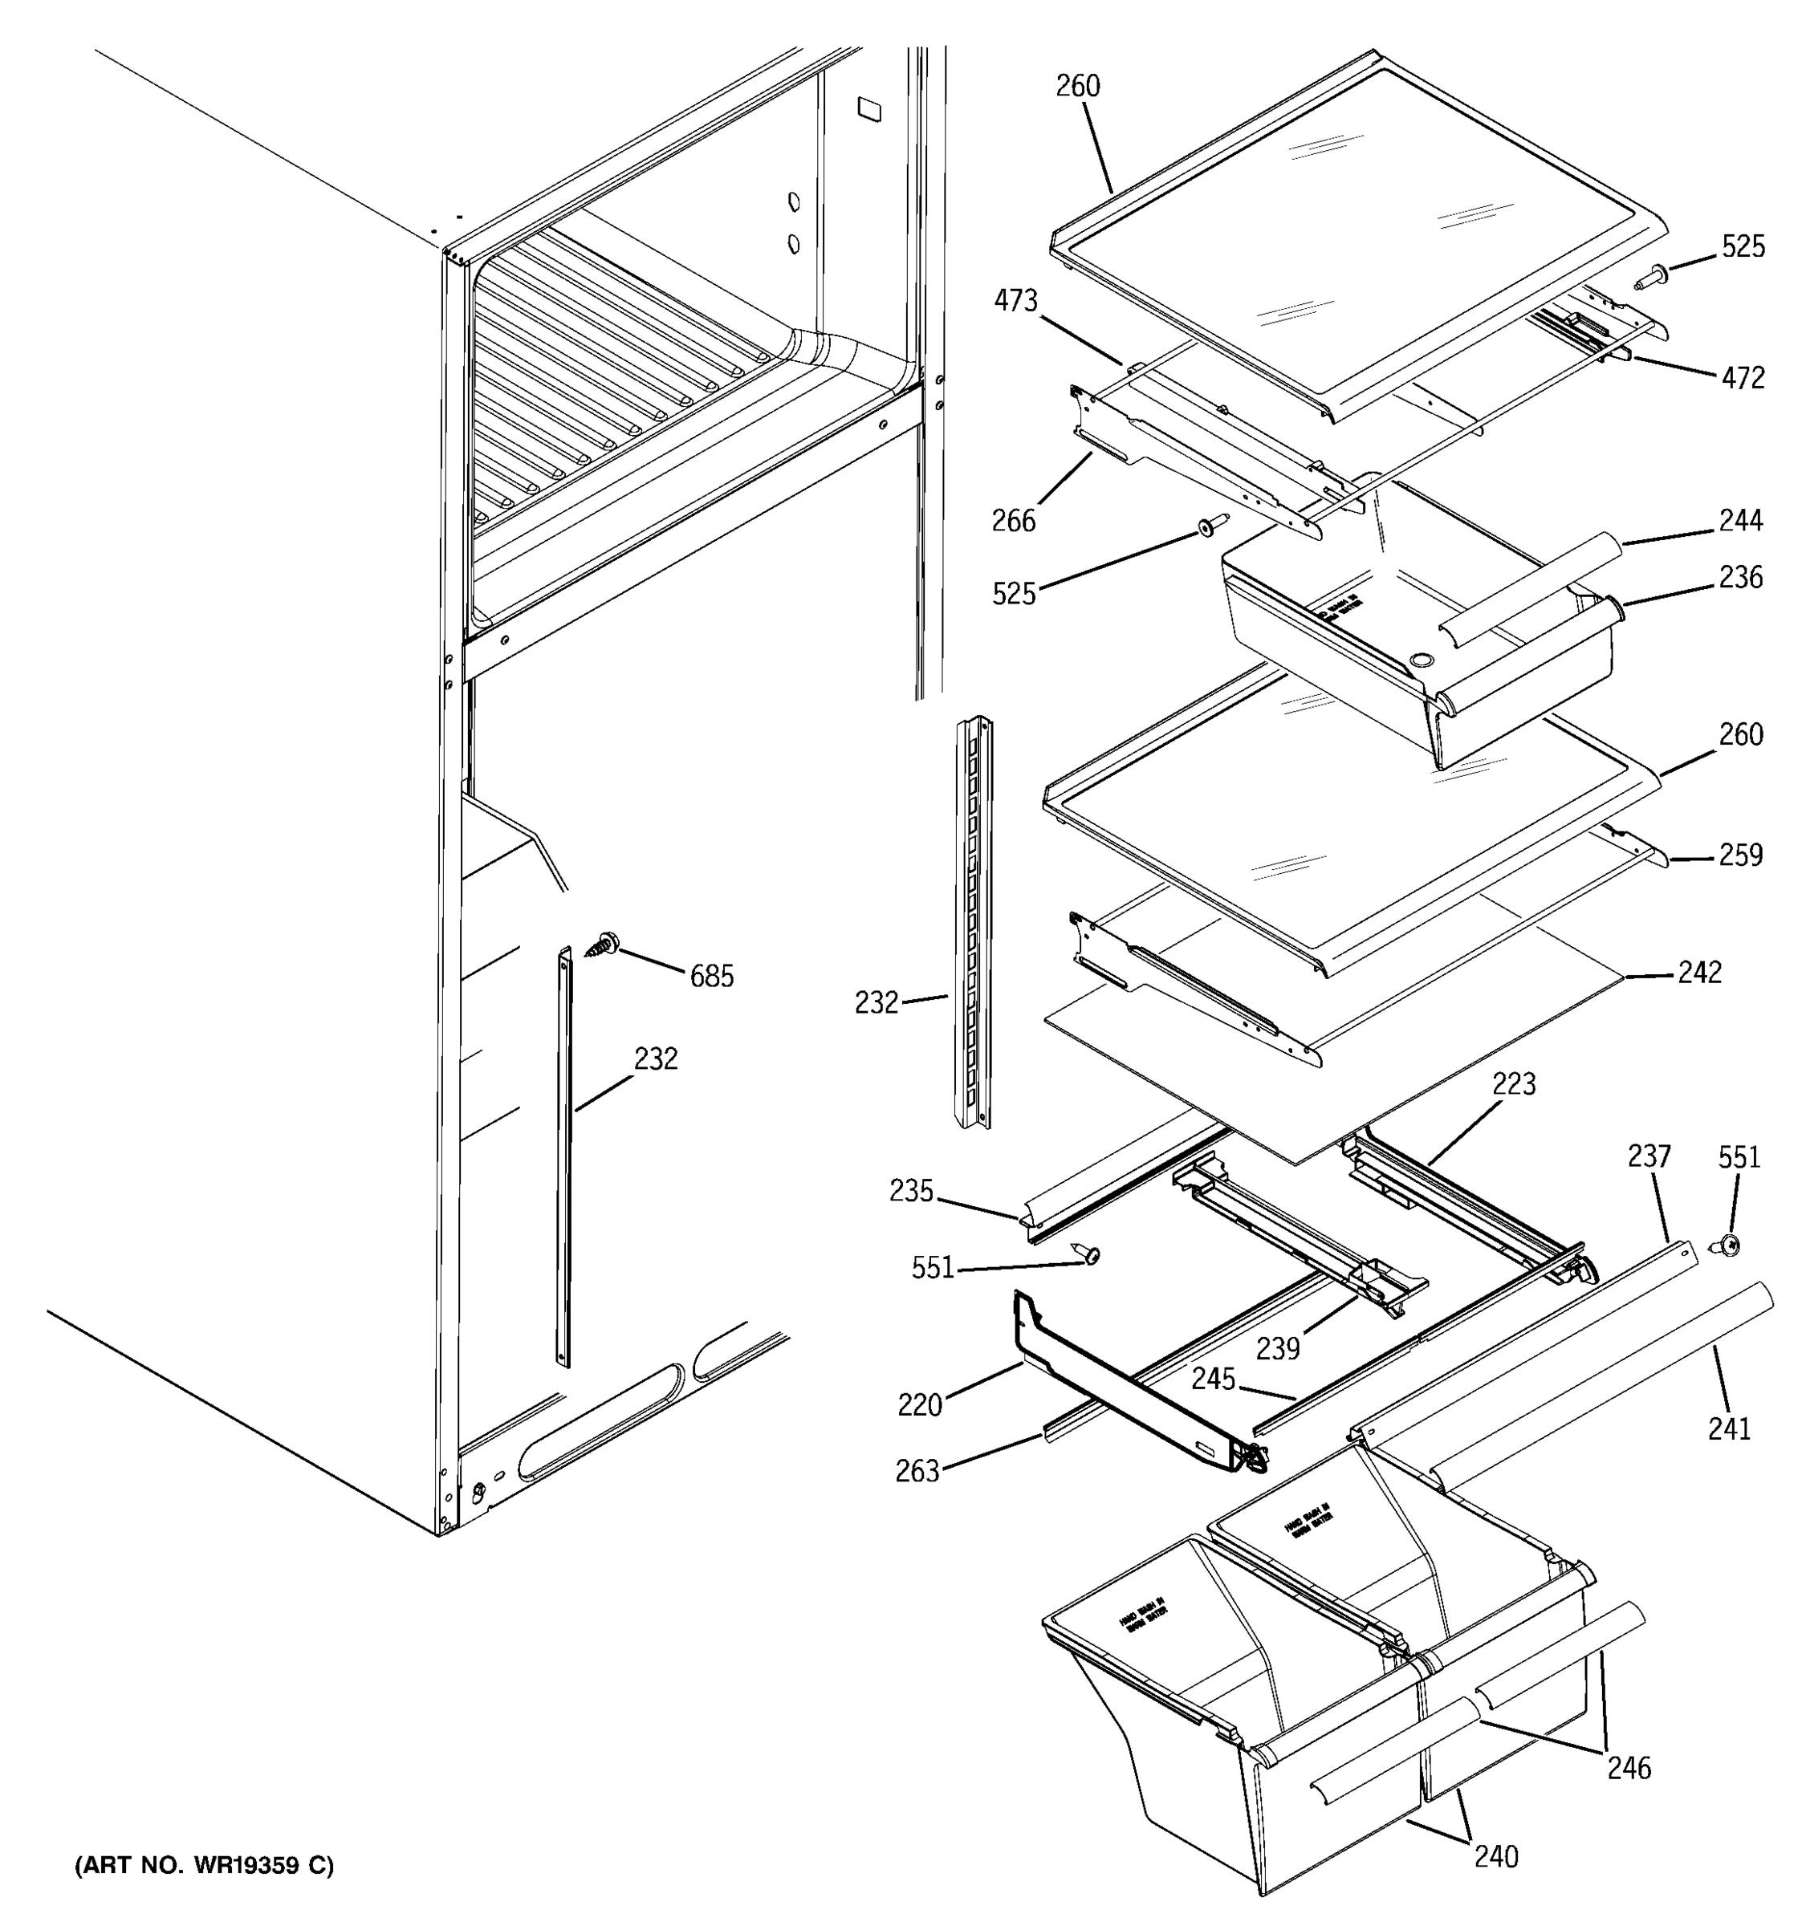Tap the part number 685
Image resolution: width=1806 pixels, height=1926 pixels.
click(711, 977)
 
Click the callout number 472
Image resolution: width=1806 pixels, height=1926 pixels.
click(1742, 378)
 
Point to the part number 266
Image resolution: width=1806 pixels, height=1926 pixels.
click(1014, 521)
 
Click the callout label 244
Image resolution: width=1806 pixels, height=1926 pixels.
click(1740, 521)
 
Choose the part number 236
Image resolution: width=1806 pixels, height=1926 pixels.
click(1740, 578)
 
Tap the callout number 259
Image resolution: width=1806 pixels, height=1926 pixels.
click(1740, 855)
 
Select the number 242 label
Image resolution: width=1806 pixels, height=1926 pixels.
click(1699, 973)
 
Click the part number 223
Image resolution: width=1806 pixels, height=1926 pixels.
click(1513, 1084)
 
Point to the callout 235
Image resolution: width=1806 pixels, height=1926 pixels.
click(911, 1191)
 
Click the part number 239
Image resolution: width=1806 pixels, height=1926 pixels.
click(1277, 1347)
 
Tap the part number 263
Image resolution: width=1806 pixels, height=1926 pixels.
click(917, 1472)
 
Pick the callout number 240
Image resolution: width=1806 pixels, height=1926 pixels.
click(1496, 1856)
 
